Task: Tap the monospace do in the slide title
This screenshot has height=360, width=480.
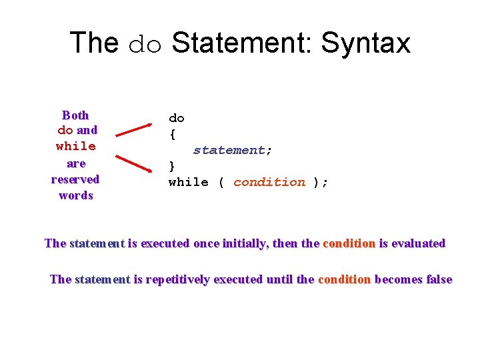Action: coord(145,44)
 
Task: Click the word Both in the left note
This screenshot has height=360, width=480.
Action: coord(75,115)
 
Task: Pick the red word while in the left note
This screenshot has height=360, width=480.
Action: coord(76,146)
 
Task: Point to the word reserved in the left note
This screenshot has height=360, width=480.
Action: coord(75,179)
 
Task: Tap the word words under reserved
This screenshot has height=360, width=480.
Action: coord(76,195)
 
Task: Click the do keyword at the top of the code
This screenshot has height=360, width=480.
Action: coord(177,118)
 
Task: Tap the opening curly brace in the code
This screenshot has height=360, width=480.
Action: coord(173,134)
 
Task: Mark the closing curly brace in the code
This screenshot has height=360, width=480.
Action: coord(173,166)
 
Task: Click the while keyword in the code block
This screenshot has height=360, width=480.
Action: coord(188,182)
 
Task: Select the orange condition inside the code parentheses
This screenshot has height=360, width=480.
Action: coord(269,182)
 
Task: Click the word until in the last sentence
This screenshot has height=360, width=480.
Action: coord(279,279)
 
